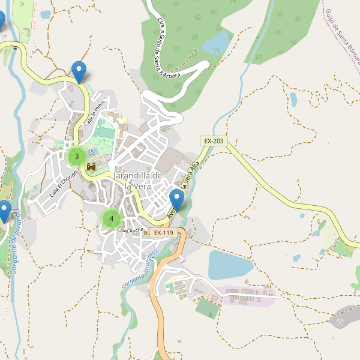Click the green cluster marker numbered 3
[x=76, y=157]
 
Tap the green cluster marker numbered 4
[x=111, y=219]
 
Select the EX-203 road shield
[x=214, y=141]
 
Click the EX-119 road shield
[x=163, y=233]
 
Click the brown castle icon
[x=92, y=166]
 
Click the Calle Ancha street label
[x=130, y=230]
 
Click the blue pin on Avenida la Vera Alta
[x=176, y=200]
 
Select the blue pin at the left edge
[x=4, y=211]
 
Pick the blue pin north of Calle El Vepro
[x=78, y=72]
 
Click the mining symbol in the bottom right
[x=340, y=322]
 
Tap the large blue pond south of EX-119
[x=230, y=265]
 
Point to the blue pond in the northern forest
[x=217, y=42]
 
